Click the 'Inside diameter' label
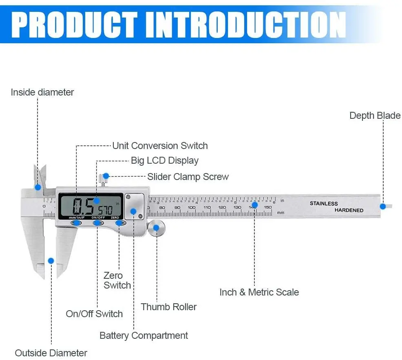pyautogui.click(x=42, y=92)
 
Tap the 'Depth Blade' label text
pyautogui.click(x=375, y=116)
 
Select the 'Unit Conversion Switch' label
pyautogui.click(x=160, y=146)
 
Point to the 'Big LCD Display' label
pyautogui.click(x=164, y=160)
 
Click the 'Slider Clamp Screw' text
pyautogui.click(x=188, y=177)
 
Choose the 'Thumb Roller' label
pyautogui.click(x=169, y=307)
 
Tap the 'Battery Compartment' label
pyautogui.click(x=144, y=336)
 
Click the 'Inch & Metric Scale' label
pyautogui.click(x=259, y=292)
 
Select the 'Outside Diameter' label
pyautogui.click(x=51, y=353)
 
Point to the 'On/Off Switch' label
pyautogui.click(x=94, y=314)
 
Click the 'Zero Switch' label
pyautogui.click(x=117, y=280)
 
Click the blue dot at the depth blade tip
pyautogui.click(x=383, y=207)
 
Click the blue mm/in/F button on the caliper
pyautogui.click(x=76, y=223)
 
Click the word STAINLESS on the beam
pyautogui.click(x=324, y=203)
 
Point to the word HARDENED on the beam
pyautogui.click(x=349, y=210)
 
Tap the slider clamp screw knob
pyautogui.click(x=105, y=176)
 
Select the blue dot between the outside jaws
pyautogui.click(x=51, y=260)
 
